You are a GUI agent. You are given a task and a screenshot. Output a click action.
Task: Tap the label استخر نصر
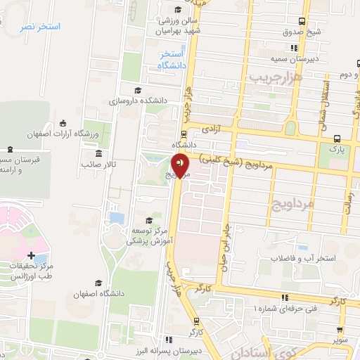(x=40, y=26)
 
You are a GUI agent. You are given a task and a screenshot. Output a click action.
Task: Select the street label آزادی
(x=212, y=129)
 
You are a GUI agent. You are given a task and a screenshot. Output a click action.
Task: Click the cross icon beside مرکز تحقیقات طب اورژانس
(x=31, y=255)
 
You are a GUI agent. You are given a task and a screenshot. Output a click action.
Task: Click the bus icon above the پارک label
(x=337, y=139)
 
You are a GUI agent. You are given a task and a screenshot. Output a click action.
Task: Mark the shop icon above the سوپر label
(x=341, y=328)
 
